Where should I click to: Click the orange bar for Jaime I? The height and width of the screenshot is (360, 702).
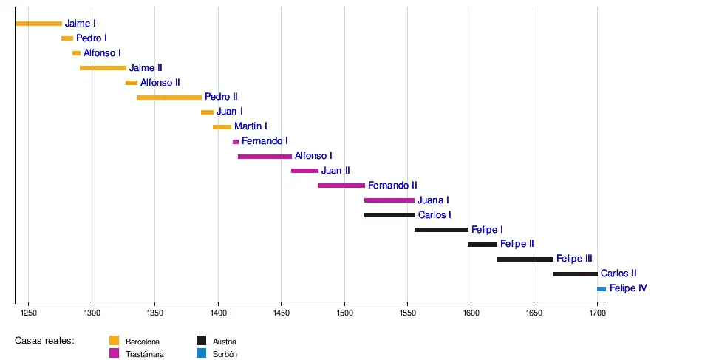[38, 24]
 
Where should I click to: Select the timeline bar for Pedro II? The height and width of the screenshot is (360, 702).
[169, 97]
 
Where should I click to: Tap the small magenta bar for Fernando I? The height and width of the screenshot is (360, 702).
[236, 141]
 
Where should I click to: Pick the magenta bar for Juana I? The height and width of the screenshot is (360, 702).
[389, 200]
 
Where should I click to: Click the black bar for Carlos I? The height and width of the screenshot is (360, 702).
[389, 215]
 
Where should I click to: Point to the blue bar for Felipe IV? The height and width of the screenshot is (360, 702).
[602, 288]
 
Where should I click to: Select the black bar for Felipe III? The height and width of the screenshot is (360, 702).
[525, 259]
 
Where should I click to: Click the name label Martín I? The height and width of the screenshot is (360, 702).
[251, 126]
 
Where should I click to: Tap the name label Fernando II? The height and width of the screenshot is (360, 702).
[392, 186]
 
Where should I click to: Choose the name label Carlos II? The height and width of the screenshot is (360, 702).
[618, 274]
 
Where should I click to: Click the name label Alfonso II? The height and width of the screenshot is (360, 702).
[160, 83]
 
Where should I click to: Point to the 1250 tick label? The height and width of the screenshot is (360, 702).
[28, 313]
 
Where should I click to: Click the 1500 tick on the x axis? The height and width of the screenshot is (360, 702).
[344, 313]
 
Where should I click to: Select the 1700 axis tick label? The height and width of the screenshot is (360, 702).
[597, 313]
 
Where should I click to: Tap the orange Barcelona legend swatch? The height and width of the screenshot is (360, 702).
[115, 341]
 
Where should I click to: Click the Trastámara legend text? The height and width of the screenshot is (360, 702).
[145, 354]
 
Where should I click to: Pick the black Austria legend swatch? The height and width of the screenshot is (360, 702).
[201, 341]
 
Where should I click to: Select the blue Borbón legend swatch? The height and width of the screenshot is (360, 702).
[201, 353]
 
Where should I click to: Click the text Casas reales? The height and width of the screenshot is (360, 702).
[44, 341]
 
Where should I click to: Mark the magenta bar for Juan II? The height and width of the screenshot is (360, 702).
[304, 171]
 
